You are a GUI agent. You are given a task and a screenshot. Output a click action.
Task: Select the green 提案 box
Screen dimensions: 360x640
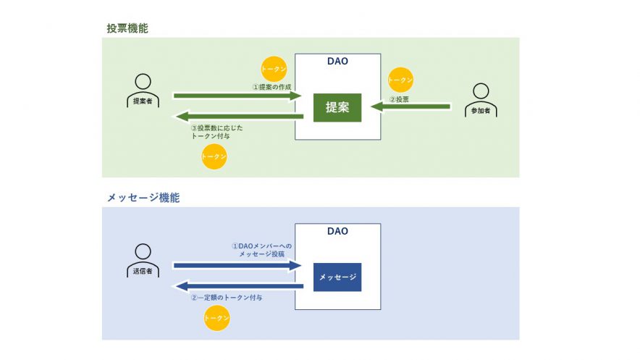337,107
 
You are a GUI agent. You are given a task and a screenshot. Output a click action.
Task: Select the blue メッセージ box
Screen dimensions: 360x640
337,277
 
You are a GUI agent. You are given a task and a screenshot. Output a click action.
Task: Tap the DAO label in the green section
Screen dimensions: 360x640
337,62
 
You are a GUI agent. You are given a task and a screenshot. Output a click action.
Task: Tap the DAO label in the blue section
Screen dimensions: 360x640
337,232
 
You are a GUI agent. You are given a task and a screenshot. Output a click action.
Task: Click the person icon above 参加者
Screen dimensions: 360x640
481,93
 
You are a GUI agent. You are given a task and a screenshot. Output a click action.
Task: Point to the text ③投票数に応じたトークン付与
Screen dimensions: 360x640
217,132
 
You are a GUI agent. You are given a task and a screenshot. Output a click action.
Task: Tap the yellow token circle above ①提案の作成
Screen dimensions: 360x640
274,68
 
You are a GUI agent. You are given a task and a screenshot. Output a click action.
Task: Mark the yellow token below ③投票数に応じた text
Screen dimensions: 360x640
214,156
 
